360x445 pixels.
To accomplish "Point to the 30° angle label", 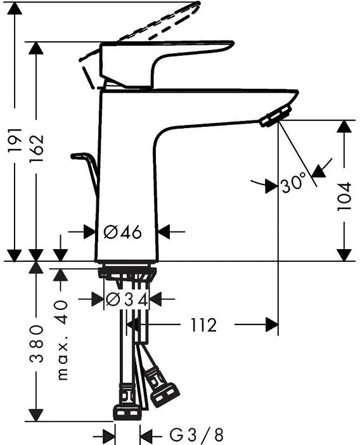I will click(293, 184).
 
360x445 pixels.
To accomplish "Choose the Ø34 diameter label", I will click(127, 299).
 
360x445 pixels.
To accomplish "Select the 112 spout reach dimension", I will click(203, 325).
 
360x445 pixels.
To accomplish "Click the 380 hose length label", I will click(37, 346).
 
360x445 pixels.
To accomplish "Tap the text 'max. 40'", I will click(61, 340).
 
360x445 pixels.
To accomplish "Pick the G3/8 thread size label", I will click(196, 435).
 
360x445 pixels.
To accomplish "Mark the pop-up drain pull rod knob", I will click(80, 155).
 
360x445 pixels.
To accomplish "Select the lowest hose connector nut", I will click(129, 413).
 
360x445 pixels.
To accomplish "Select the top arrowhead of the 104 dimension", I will click(344, 127).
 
